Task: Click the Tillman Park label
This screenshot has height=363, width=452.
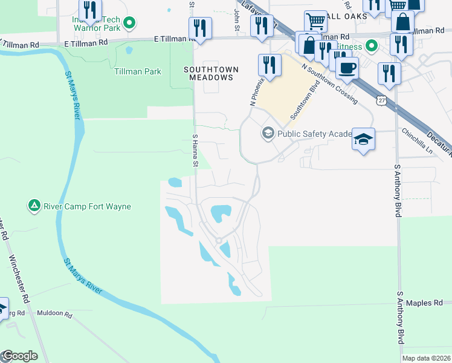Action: [x=138, y=71]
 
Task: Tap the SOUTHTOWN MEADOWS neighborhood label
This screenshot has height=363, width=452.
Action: [x=208, y=74]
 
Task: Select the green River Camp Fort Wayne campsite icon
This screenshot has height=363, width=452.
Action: [x=34, y=206]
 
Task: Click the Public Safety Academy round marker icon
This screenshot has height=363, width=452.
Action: [x=267, y=133]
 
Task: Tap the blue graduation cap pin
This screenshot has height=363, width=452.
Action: [x=363, y=140]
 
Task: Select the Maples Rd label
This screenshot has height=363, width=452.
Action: [x=425, y=302]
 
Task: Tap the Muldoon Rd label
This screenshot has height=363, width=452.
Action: [x=54, y=315]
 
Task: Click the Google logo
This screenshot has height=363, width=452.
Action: [x=19, y=356]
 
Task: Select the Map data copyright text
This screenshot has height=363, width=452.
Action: [x=426, y=358]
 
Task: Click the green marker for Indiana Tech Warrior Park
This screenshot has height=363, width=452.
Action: [x=129, y=24]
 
